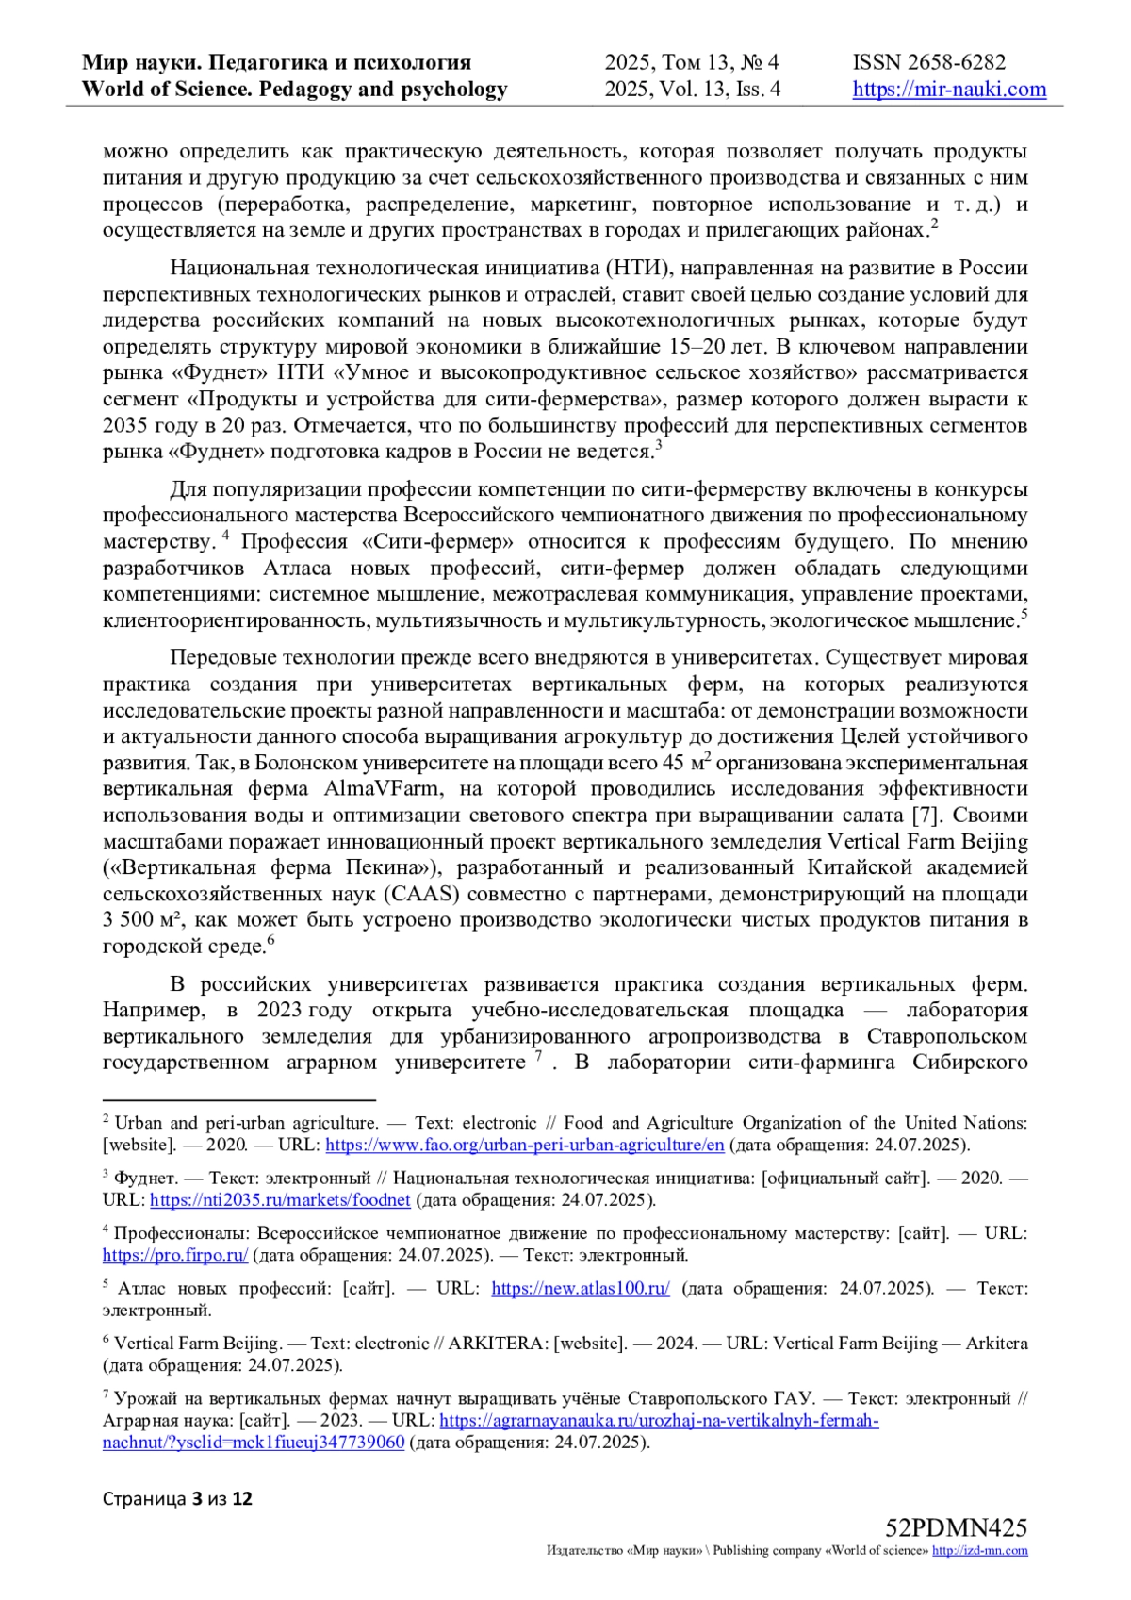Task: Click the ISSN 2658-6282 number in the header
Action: [x=928, y=62]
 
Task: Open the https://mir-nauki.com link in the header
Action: [x=949, y=90]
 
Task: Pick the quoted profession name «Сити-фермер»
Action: [x=437, y=541]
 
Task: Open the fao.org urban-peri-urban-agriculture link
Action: [x=524, y=1145]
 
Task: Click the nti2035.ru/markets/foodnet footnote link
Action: [x=280, y=1199]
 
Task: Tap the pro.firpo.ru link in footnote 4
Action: [x=175, y=1255]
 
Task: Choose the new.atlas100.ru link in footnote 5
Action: [x=581, y=1288]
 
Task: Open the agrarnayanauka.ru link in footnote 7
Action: [x=659, y=1420]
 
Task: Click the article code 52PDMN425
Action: [x=956, y=1527]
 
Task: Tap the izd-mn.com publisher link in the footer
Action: [x=980, y=1550]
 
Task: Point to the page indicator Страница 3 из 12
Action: [x=177, y=1498]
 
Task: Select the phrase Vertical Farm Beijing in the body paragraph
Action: [x=927, y=841]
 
